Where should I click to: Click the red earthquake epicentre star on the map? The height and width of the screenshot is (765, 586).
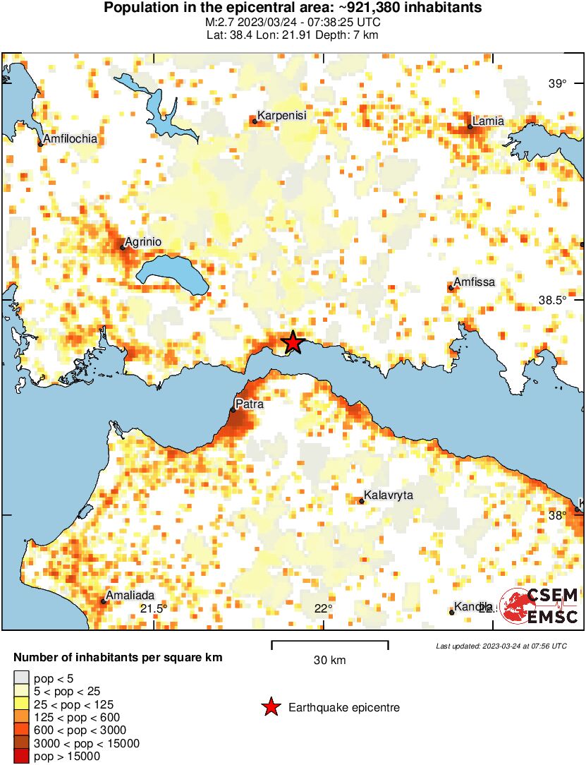[293, 342]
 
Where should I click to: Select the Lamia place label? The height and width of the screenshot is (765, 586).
[489, 121]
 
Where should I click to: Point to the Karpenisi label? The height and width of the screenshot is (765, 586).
[281, 115]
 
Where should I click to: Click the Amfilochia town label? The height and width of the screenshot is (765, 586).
[70, 139]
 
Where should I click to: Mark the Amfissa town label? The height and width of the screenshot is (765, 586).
[474, 282]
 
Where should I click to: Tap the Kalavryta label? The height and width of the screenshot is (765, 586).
[388, 495]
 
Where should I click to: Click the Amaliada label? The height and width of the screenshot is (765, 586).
[130, 596]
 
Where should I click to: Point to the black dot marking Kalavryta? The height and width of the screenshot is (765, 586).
[361, 501]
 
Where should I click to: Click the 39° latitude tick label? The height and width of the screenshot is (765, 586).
[557, 84]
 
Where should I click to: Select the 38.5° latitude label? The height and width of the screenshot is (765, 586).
[552, 300]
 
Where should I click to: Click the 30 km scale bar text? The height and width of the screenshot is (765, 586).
[329, 661]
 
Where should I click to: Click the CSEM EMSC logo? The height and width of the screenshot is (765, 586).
[539, 606]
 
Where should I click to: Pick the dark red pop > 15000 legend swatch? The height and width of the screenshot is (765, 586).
[22, 757]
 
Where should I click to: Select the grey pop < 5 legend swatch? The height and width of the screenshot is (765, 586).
[22, 679]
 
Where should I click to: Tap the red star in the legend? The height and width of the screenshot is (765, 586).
[270, 707]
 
